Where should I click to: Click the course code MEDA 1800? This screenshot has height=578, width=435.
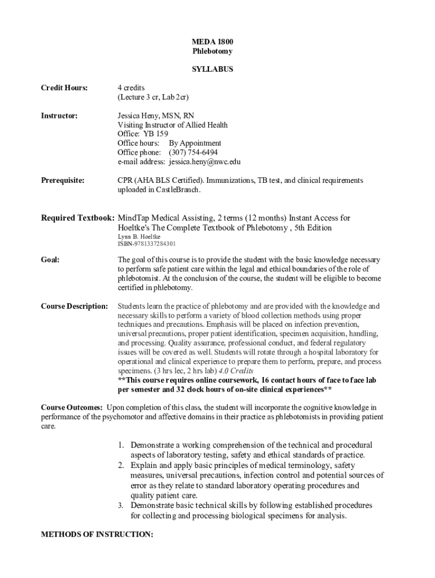coord(212,42)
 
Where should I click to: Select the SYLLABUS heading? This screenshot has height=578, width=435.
coord(212,69)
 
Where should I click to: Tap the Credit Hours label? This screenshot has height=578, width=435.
coord(64,87)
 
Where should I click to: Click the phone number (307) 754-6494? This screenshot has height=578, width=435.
coord(193,152)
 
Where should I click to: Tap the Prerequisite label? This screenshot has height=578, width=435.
coord(63,181)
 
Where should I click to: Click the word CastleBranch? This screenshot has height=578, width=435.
coord(175,190)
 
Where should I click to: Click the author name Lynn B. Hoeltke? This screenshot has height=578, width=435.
coord(139,236)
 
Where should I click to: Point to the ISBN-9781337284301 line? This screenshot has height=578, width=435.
coord(146,244)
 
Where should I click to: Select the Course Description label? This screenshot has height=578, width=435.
coord(74,306)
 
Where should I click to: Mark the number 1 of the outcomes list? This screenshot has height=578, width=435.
coord(121,445)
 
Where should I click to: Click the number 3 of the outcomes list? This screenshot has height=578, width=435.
coord(121,506)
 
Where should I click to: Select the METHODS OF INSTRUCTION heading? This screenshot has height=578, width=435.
coord(97,534)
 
